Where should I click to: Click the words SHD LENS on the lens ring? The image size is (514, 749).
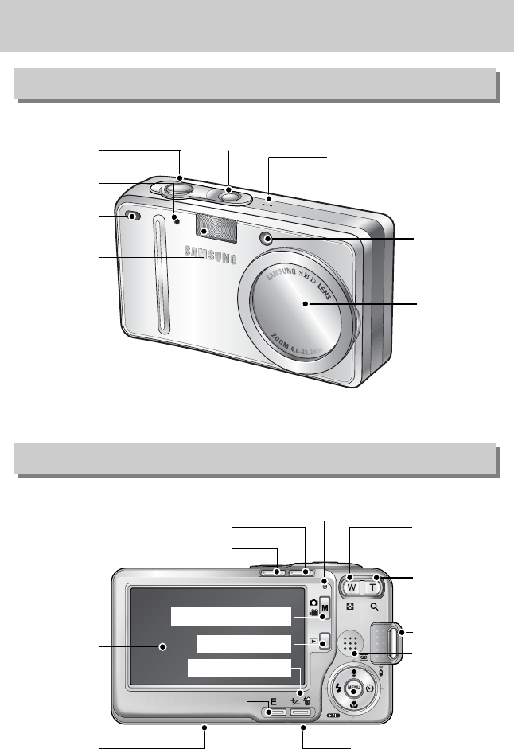[x=327, y=266]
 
